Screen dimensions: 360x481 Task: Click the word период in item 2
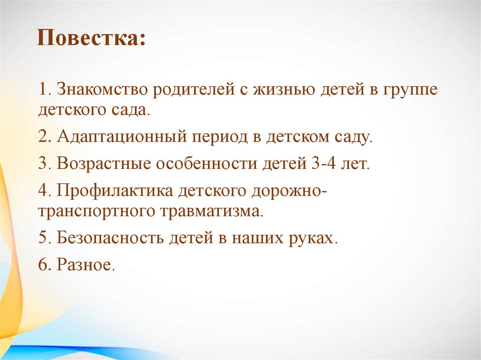(x=219, y=138)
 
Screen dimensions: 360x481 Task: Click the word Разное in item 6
(x=85, y=265)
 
